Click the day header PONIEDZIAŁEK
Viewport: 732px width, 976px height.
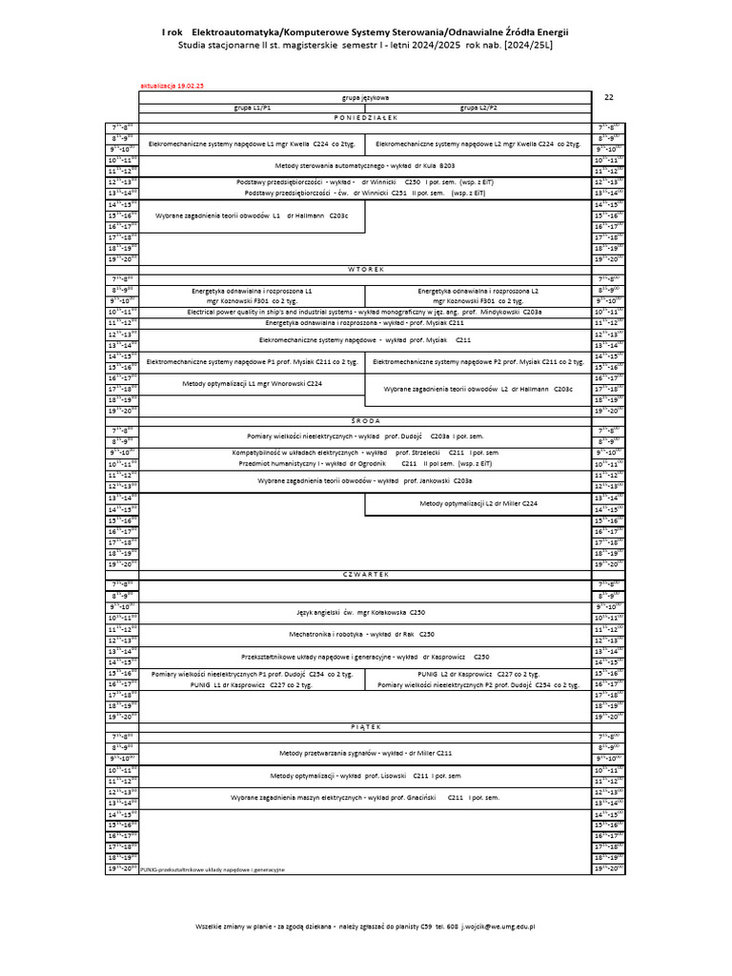click(365, 117)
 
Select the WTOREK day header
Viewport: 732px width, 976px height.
click(365, 270)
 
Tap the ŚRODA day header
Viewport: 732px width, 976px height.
click(365, 419)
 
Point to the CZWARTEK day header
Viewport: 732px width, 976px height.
click(365, 575)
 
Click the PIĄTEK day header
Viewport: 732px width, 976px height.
click(365, 725)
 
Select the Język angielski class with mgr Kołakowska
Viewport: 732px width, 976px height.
click(365, 611)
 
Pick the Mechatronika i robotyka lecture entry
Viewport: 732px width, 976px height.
click(365, 634)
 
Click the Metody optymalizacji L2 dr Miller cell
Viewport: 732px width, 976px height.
click(478, 503)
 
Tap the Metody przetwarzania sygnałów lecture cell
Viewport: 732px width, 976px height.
click(365, 753)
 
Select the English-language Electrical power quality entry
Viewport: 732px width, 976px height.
click(365, 312)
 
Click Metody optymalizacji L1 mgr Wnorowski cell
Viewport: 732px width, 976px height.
click(252, 383)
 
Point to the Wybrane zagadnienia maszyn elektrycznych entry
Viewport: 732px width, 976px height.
click(365, 797)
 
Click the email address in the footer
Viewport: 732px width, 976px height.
click(498, 926)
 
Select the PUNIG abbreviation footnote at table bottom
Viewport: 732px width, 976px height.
click(212, 870)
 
